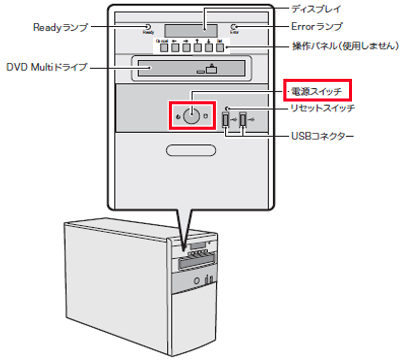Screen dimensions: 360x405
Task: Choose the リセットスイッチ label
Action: coord(321,107)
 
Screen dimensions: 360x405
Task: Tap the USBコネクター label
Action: coord(321,137)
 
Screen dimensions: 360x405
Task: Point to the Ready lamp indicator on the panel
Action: coord(148,27)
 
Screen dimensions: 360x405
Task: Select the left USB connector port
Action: coord(226,120)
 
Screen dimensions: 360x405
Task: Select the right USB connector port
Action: coord(243,120)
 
